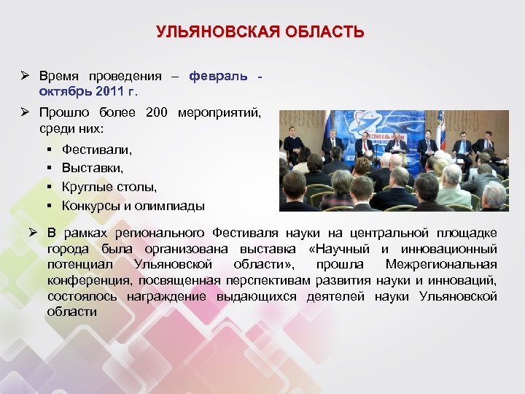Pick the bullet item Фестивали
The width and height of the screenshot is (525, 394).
97,150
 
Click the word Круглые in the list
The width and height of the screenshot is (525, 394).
86,187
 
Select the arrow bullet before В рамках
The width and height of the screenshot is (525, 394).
32,233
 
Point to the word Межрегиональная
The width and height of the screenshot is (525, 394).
441,264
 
